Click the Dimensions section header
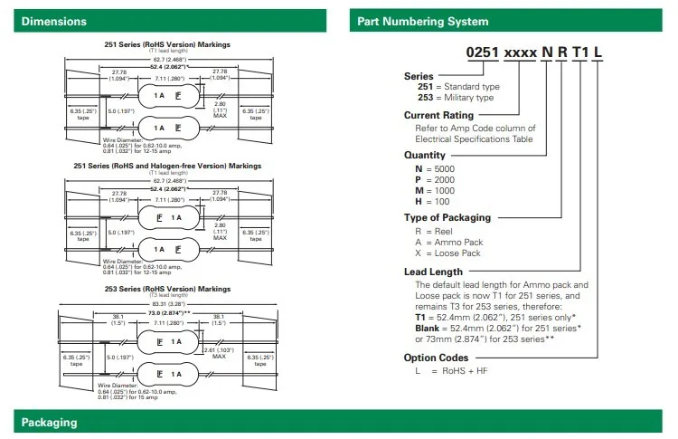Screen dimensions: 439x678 pyautogui.click(x=54, y=21)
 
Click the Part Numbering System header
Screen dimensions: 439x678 pyautogui.click(x=422, y=21)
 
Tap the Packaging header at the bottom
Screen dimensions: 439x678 pyautogui.click(x=49, y=423)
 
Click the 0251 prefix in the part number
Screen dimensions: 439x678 pyautogui.click(x=485, y=54)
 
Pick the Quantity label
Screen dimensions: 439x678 pyautogui.click(x=428, y=154)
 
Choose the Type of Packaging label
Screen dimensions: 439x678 pyautogui.click(x=448, y=217)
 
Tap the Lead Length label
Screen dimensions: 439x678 pyautogui.click(x=433, y=272)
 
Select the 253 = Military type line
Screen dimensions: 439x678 pyautogui.click(x=448, y=97)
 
